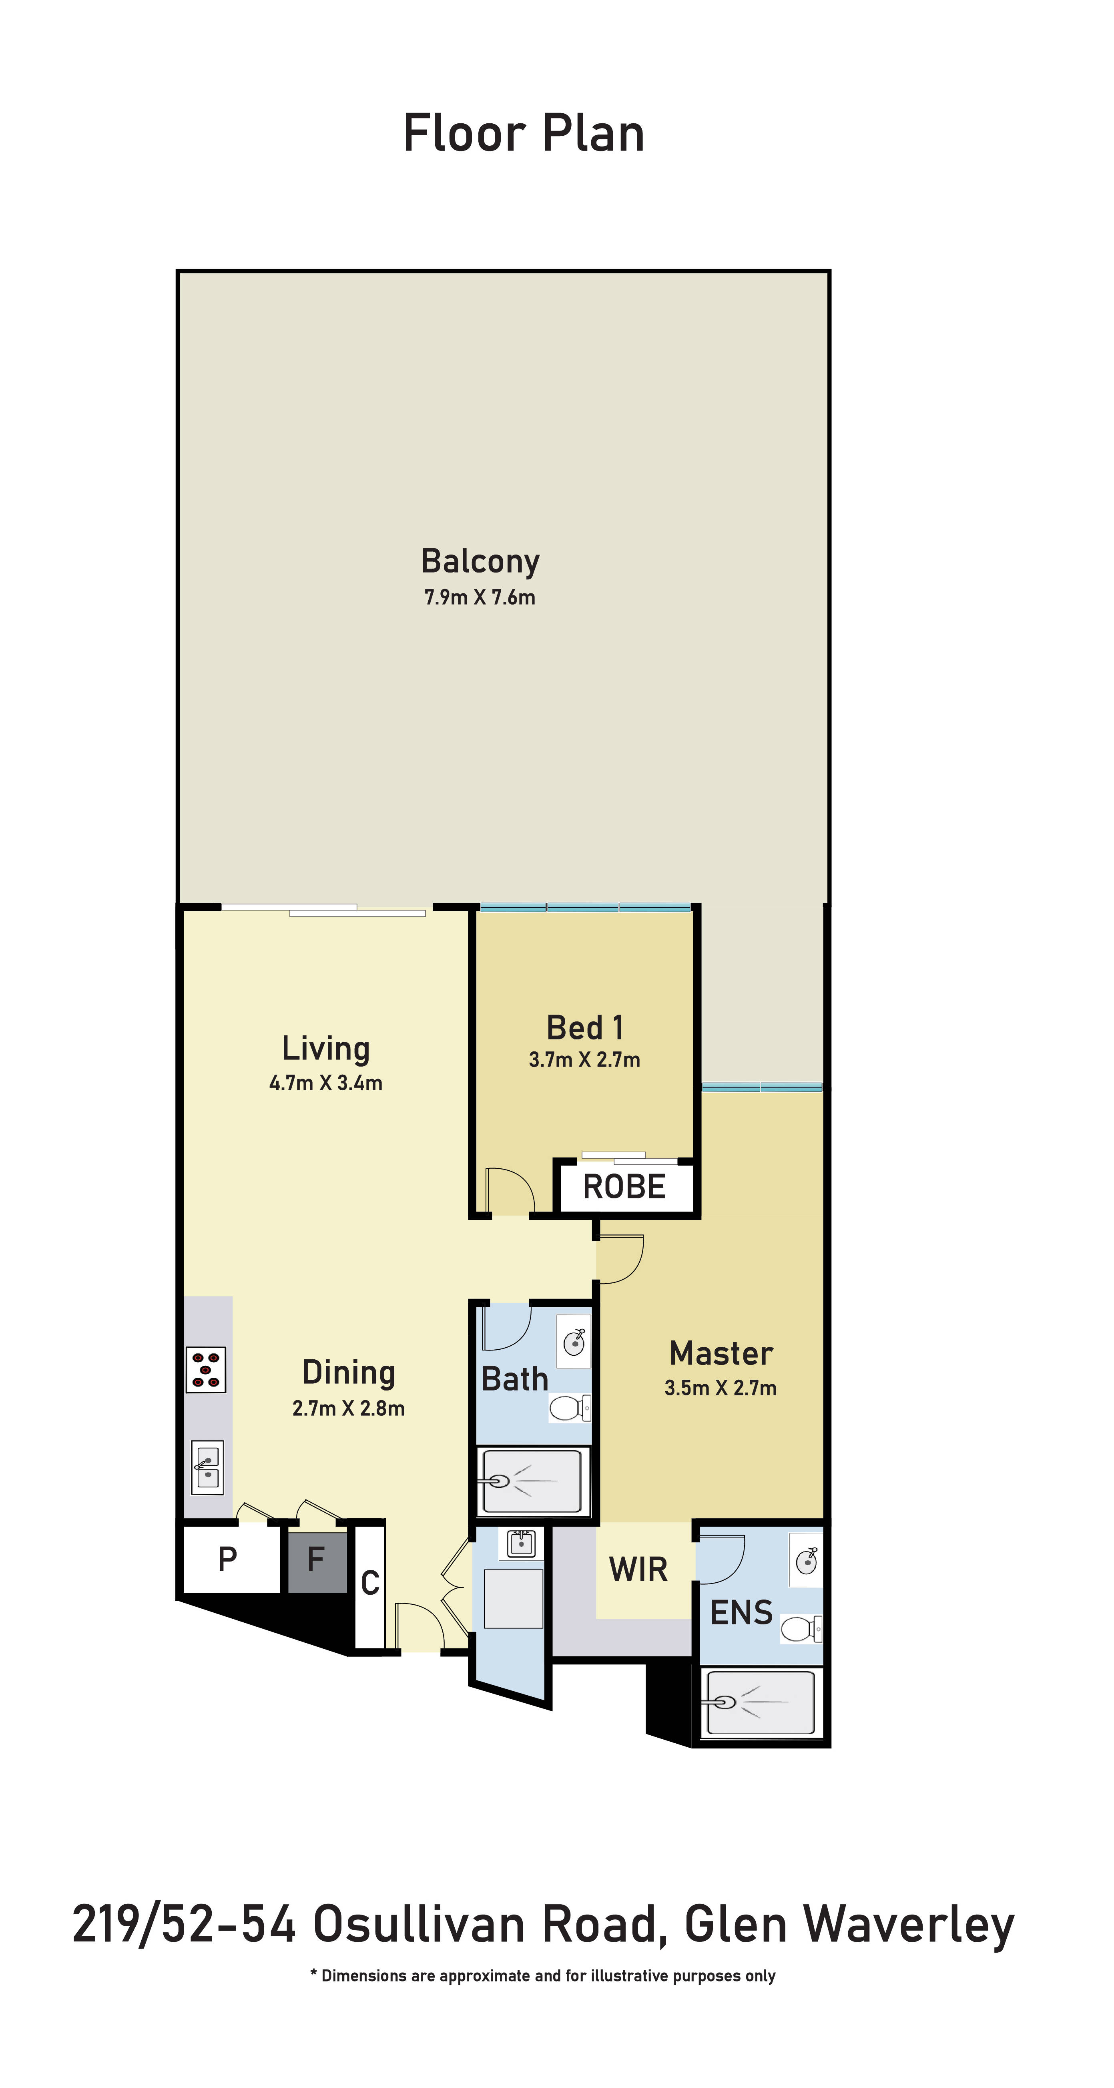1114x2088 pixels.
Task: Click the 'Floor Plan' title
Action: pyautogui.click(x=524, y=134)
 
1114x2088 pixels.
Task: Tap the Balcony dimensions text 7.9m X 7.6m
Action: pyautogui.click(x=480, y=597)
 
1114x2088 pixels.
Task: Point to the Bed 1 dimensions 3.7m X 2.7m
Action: pyautogui.click(x=584, y=1059)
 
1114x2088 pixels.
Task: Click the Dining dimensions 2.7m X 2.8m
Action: pyautogui.click(x=348, y=1408)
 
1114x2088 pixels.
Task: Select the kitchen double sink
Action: pyautogui.click(x=207, y=1467)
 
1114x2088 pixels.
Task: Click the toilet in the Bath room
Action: pyautogui.click(x=570, y=1408)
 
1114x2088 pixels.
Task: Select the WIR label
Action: pyautogui.click(x=638, y=1569)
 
